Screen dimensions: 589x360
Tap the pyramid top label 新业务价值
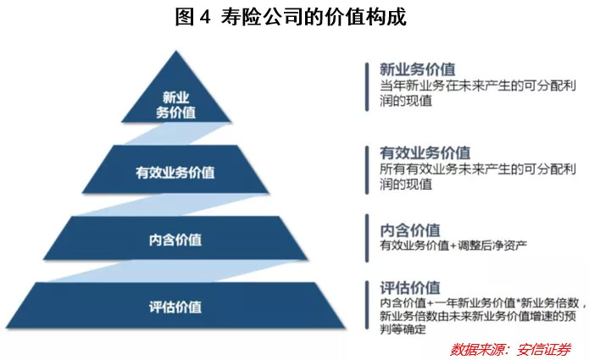(175, 103)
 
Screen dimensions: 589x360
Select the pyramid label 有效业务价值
(175, 172)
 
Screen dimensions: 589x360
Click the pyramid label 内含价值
(175, 239)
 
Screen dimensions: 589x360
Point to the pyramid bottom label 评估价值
(175, 307)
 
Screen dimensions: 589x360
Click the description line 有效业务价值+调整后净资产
(453, 246)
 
